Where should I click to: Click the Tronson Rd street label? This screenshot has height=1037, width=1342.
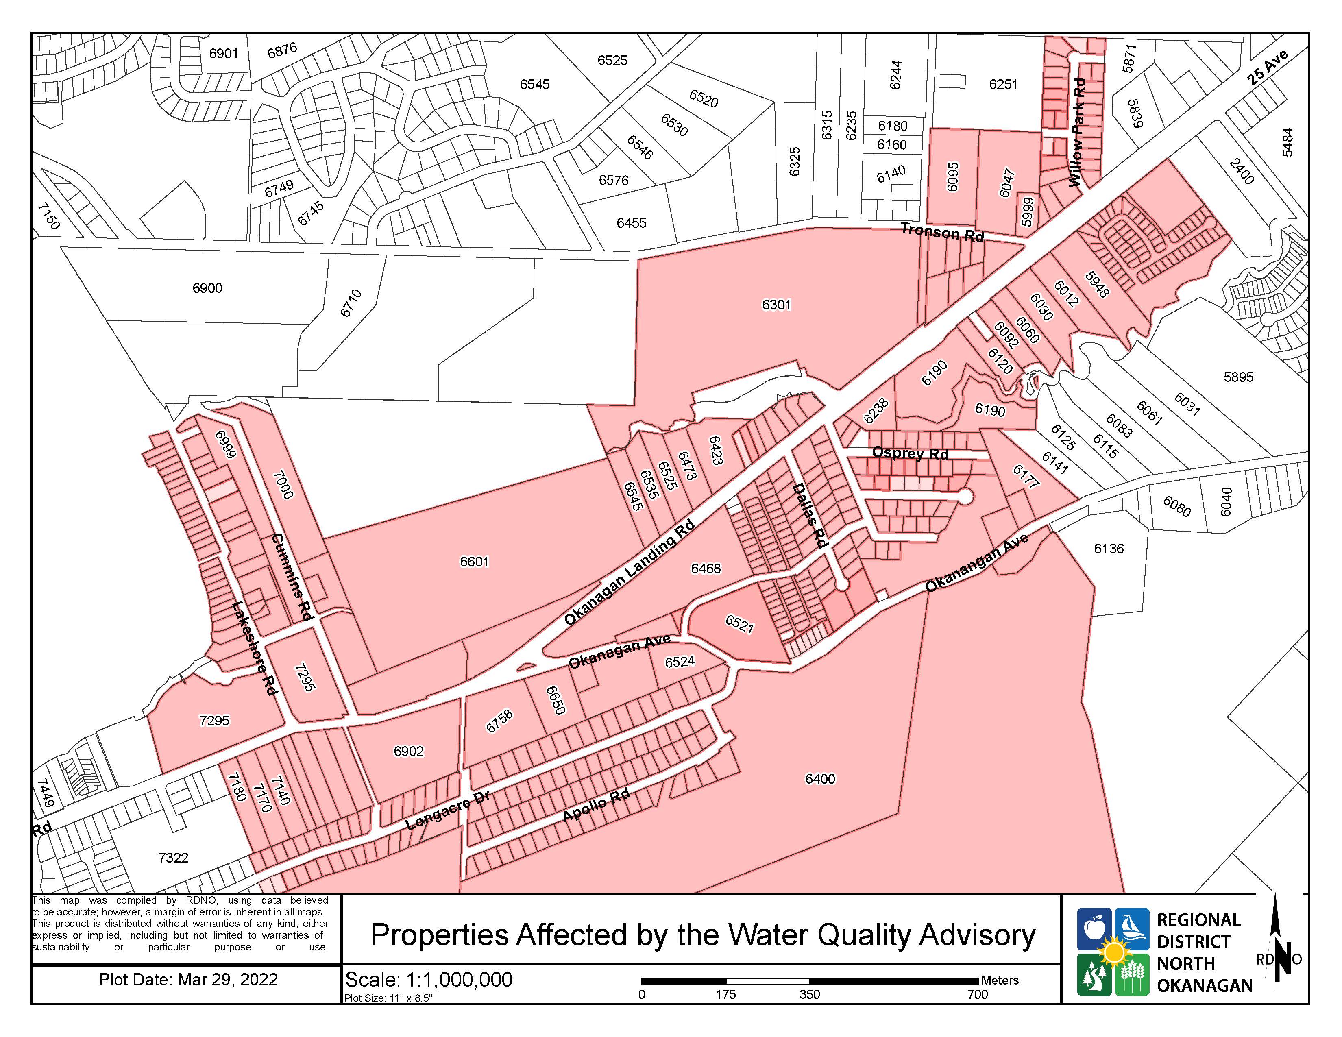click(x=942, y=233)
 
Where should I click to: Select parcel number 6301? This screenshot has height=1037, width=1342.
click(x=777, y=305)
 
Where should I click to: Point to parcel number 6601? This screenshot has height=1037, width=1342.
click(x=474, y=562)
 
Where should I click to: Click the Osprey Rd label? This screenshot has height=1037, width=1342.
click(x=910, y=453)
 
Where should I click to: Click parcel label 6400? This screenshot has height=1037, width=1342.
click(x=820, y=779)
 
